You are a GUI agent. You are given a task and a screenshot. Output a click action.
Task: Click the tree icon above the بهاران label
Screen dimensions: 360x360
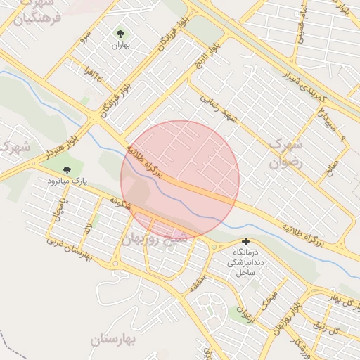point(121,33)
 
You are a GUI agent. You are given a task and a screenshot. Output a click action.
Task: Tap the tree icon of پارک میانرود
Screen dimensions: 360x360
point(67,169)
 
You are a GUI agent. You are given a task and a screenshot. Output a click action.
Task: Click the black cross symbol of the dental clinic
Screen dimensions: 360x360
point(245,241)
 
